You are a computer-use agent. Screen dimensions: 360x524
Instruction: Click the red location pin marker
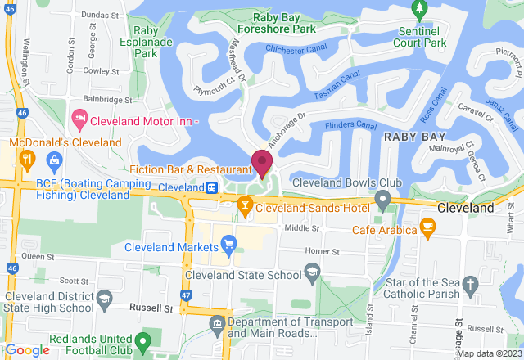pos(262,163)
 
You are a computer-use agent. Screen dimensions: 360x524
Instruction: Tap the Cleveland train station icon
pos(211,187)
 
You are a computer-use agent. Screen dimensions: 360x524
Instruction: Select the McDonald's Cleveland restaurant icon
pos(27,159)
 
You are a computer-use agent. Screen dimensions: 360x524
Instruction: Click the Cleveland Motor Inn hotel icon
pos(80,120)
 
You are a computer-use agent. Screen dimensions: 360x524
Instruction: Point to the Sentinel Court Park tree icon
pos(420,11)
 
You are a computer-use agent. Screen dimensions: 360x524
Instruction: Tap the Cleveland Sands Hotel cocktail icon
pos(244,209)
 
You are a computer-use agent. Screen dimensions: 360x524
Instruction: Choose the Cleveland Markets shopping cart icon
pos(228,243)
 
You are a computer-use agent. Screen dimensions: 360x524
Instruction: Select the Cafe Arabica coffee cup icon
pos(427,226)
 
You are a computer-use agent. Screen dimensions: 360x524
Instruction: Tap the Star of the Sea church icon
pos(470,284)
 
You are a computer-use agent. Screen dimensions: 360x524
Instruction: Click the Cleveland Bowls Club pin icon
pos(382,199)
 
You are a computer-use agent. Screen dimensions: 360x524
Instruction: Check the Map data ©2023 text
pos(488,353)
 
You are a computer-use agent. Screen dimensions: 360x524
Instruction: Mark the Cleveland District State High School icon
pos(104,304)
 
